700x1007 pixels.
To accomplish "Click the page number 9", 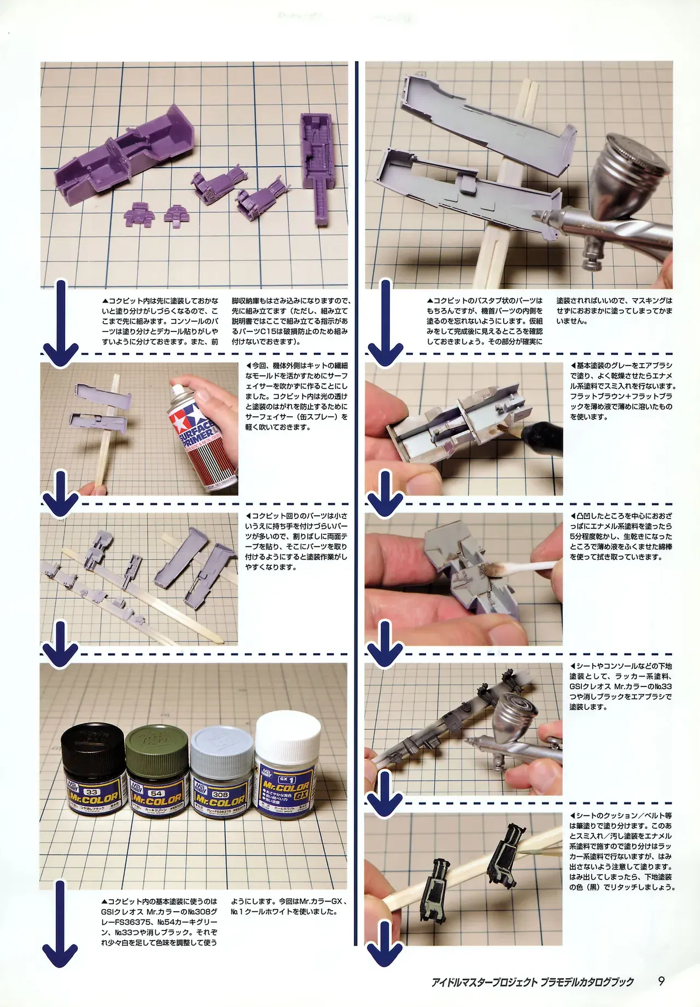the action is (661, 981).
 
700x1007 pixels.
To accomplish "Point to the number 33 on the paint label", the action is (91, 791).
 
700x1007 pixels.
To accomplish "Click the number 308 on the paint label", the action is (220, 794).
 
